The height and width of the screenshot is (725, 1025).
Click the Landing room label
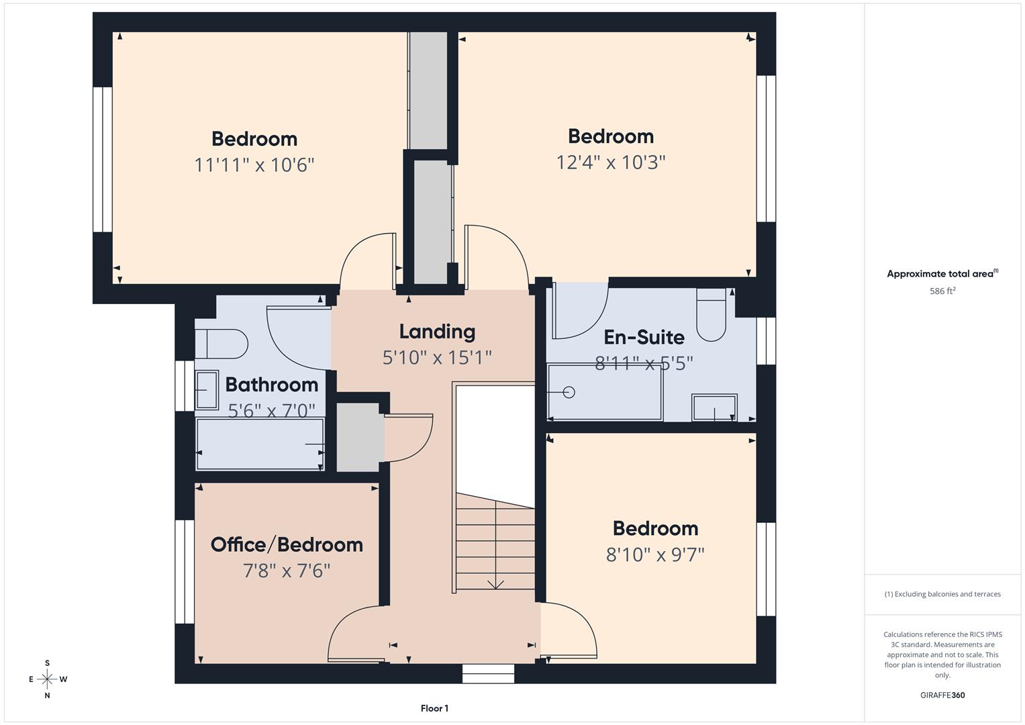437,332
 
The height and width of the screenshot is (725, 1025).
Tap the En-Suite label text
644,337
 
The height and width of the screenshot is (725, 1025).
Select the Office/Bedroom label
287,544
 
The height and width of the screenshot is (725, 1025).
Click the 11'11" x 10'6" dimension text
254,164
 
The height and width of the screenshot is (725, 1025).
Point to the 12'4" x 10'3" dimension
610,162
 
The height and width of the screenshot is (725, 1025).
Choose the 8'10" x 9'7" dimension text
655,555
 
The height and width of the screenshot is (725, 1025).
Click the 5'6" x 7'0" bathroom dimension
271,410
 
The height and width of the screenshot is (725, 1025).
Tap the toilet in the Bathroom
222,344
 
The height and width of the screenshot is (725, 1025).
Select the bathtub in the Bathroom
260,444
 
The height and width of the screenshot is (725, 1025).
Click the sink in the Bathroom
207,390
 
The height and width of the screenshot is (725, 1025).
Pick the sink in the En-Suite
714,407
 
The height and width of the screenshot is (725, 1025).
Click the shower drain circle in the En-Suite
569,392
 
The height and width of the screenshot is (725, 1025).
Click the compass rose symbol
47,679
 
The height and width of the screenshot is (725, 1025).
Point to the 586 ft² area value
942,291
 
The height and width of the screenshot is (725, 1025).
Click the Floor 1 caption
434,708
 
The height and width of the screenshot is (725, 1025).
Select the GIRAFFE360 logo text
942,695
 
